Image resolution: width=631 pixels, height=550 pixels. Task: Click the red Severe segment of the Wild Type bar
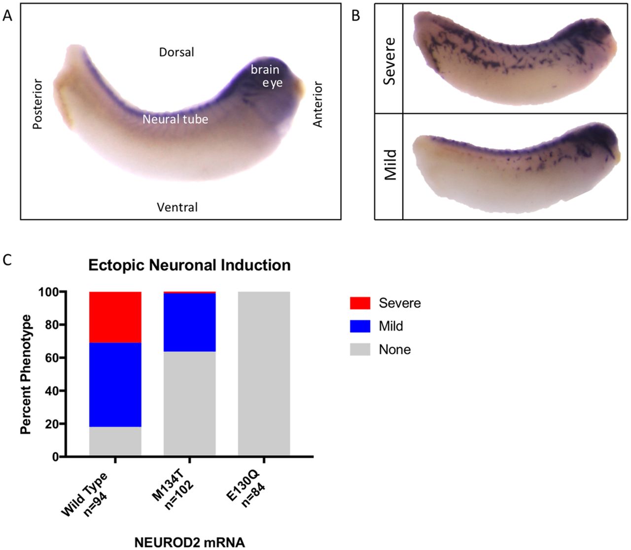click(115, 317)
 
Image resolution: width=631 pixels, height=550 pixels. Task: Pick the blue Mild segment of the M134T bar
click(189, 322)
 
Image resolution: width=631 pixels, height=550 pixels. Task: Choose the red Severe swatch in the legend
click(360, 303)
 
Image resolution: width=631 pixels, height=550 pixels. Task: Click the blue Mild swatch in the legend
click(360, 326)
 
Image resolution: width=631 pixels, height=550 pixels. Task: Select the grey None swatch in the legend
click(360, 349)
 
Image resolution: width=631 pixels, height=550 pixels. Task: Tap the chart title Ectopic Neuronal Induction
click(189, 265)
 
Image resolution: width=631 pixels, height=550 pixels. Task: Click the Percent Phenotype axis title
click(26, 375)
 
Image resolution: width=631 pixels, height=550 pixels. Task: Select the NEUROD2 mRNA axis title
click(189, 542)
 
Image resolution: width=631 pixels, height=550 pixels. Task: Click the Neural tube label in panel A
click(175, 119)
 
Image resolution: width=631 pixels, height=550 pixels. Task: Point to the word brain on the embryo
click(265, 69)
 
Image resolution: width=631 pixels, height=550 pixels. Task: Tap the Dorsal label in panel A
click(176, 52)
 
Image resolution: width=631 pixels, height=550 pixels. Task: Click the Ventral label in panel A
click(177, 207)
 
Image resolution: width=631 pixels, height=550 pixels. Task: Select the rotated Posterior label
click(37, 103)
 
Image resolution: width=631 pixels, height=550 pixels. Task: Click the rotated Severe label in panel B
click(389, 61)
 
